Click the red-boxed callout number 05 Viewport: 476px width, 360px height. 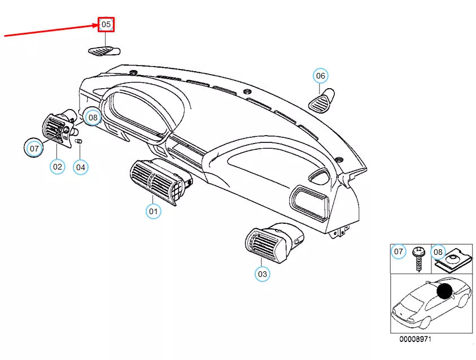click(106, 24)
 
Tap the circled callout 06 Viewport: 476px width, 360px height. click(320, 76)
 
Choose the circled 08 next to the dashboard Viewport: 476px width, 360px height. click(93, 118)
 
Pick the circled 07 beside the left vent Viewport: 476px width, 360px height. click(34, 149)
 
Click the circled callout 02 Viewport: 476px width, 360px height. click(58, 166)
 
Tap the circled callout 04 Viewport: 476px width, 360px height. click(81, 167)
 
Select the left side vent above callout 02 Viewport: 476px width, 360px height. click(57, 129)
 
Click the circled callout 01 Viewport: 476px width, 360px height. click(152, 211)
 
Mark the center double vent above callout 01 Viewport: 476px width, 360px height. click(159, 180)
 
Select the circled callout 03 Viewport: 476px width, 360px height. click(262, 274)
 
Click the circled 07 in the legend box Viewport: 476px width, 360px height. click(399, 251)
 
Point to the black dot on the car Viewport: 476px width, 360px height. click(445, 292)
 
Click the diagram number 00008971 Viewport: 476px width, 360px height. click(415, 339)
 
